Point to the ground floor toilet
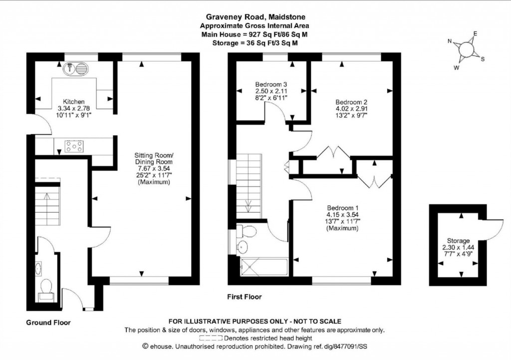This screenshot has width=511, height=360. point(46,287)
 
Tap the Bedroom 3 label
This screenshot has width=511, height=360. point(270,84)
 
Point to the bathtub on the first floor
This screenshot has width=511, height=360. point(263,266)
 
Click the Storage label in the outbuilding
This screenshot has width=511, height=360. point(458,241)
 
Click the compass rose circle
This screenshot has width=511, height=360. point(466,49)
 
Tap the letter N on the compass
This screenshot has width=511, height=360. point(449,41)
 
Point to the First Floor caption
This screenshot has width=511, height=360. point(245,297)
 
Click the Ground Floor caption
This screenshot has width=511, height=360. point(48,323)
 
